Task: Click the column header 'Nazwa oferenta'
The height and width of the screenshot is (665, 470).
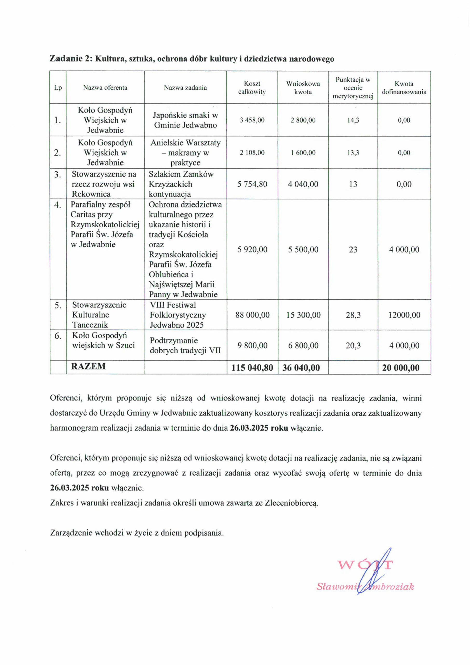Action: tap(105, 88)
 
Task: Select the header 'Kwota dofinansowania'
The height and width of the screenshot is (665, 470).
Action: tap(404, 88)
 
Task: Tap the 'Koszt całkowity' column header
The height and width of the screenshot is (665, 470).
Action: tap(252, 88)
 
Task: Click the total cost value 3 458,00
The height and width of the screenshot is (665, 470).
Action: tap(252, 120)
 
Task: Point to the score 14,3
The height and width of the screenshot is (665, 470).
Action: tap(353, 120)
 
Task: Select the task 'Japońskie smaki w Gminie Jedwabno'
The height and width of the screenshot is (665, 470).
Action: tap(185, 120)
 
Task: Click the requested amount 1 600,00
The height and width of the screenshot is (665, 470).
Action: tap(303, 153)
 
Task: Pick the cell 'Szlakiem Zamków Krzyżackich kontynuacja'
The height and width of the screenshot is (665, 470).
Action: tap(181, 184)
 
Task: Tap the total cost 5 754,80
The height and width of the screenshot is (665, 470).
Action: tap(252, 184)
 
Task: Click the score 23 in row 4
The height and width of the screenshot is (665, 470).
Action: tap(353, 249)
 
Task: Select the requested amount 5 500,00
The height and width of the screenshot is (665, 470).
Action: tap(303, 249)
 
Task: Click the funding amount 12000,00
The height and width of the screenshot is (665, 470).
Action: tap(404, 315)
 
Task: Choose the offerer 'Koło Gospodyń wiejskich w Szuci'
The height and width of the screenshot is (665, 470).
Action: tap(103, 340)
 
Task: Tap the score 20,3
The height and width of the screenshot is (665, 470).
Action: tap(353, 345)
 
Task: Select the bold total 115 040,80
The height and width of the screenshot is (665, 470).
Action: tap(252, 368)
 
